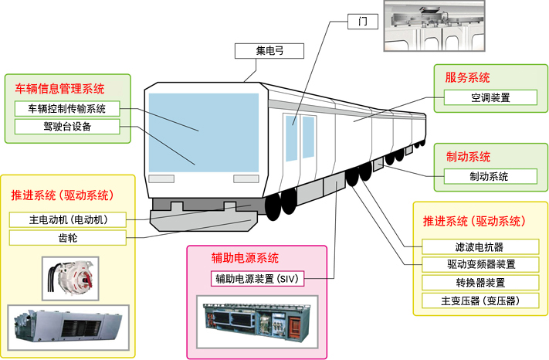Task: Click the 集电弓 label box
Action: (269, 52)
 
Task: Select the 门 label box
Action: (364, 20)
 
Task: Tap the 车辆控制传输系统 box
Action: (67, 108)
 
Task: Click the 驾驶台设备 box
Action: (67, 126)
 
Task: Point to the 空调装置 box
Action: (490, 98)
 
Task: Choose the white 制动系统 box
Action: (490, 176)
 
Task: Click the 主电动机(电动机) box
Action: (68, 219)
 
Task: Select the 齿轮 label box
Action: (68, 238)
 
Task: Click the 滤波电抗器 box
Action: (480, 247)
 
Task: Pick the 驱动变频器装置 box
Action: (480, 264)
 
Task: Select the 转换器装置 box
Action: (480, 282)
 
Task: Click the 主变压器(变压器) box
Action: (480, 300)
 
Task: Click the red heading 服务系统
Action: (467, 77)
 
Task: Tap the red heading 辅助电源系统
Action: (245, 257)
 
